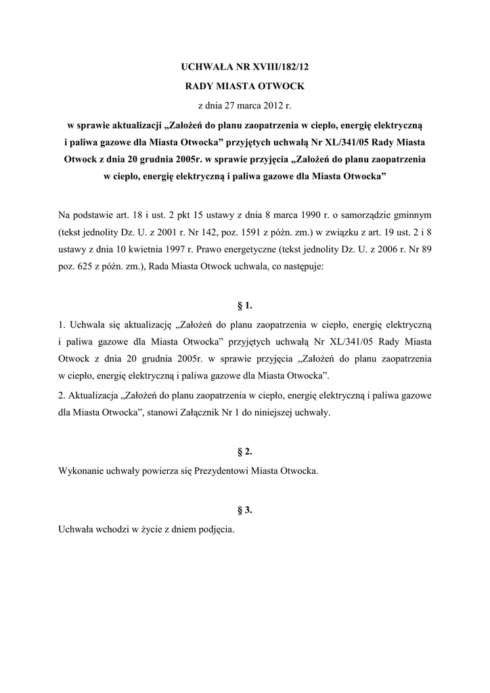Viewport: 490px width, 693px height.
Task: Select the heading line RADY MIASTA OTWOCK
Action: coord(245,87)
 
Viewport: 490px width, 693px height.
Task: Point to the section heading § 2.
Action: coord(245,449)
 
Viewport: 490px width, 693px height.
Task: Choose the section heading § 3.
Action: coord(245,509)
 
